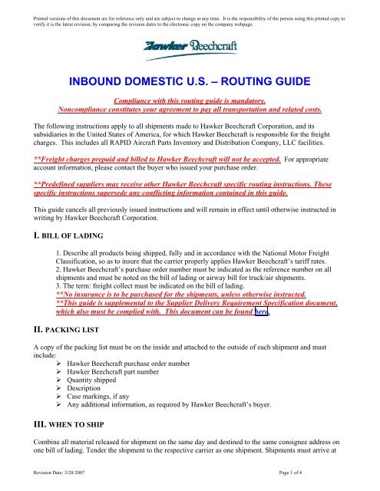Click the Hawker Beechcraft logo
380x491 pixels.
[190, 48]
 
